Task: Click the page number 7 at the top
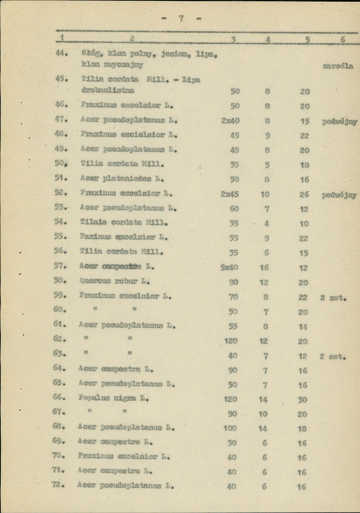(x=181, y=18)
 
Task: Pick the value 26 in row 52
(x=304, y=194)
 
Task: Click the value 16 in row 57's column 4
(x=264, y=268)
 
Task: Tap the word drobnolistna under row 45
(x=108, y=90)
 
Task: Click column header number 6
(x=343, y=40)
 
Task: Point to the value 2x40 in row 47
(x=230, y=121)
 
